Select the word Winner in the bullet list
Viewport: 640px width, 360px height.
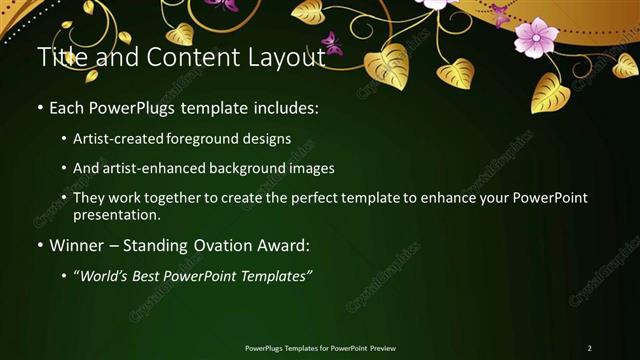tap(76, 245)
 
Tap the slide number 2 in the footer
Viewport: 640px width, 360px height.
tap(589, 348)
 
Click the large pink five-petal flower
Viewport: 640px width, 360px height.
tap(535, 37)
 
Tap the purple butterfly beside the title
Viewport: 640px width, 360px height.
tap(332, 44)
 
